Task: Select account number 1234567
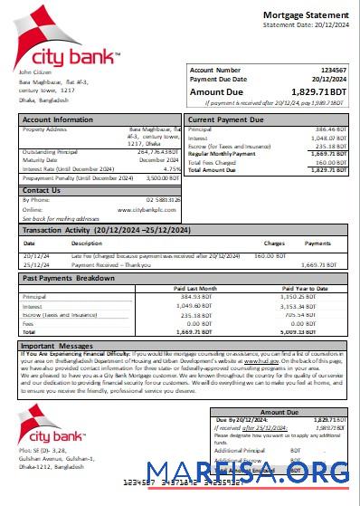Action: (x=334, y=70)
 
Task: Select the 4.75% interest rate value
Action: (x=173, y=168)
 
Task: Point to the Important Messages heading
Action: (x=60, y=346)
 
